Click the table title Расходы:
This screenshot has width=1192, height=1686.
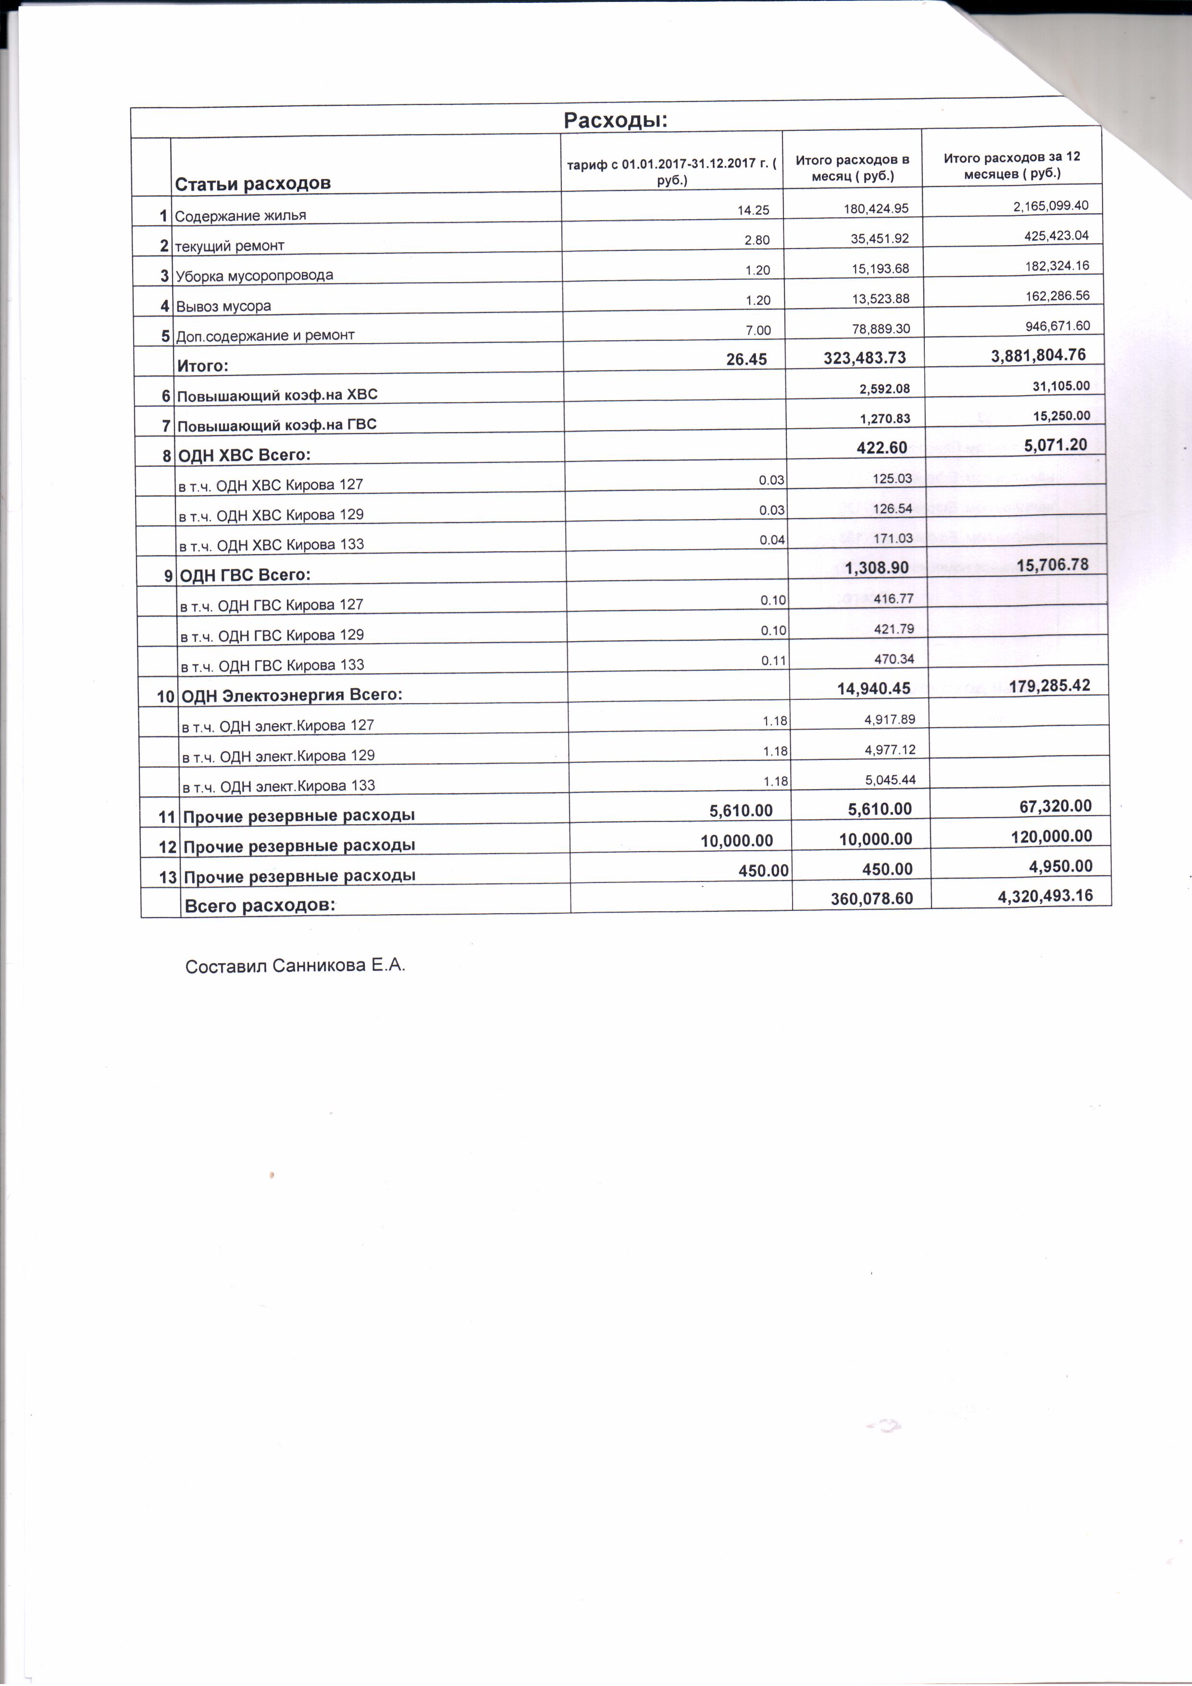point(615,121)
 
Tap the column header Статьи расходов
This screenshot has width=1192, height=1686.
point(253,184)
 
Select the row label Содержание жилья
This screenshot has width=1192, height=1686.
point(240,216)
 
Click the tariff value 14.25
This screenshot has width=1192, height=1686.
point(753,210)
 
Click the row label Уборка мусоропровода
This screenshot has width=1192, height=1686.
point(254,275)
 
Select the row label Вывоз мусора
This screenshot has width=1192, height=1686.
point(223,306)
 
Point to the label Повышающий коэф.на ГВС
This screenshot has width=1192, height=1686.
point(277,424)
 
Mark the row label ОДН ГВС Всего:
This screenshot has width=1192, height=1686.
point(245,575)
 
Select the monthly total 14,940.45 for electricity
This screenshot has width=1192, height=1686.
point(873,688)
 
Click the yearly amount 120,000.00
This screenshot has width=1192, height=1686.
point(1051,836)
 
